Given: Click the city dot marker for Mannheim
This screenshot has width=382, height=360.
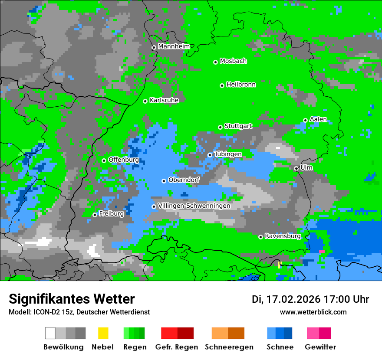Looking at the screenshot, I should (154, 48).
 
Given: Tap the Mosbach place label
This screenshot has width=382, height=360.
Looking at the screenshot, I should (233, 61).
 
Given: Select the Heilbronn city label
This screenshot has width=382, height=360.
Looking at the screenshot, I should (241, 85).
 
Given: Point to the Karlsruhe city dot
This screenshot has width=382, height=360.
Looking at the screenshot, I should (145, 101).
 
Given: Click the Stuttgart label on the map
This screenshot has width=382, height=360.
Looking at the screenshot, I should (238, 126).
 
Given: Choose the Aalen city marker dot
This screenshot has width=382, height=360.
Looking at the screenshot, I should (305, 120).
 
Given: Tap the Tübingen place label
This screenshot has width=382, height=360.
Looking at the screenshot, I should (228, 154).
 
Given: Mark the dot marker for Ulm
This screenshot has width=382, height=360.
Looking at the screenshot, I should (296, 168).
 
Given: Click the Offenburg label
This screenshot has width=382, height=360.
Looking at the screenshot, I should (123, 160).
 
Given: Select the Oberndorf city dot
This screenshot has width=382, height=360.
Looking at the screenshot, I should (164, 181).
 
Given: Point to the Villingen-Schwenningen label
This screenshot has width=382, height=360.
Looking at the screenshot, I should (194, 206).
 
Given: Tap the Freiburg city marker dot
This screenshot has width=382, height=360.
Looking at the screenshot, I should (95, 215).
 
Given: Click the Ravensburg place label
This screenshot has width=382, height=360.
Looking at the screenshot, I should (283, 236).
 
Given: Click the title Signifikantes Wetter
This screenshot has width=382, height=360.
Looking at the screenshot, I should (72, 299).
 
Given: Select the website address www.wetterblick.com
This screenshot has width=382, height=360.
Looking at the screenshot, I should (313, 312).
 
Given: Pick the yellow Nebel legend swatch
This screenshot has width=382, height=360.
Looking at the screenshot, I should (103, 333).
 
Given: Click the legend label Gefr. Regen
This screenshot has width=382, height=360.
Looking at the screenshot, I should (177, 347).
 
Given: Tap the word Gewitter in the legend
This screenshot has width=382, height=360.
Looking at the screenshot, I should (320, 347).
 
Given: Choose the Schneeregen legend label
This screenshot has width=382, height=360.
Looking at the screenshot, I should (229, 347).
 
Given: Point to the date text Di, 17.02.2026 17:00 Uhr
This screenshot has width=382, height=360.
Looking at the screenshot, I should (310, 299).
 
